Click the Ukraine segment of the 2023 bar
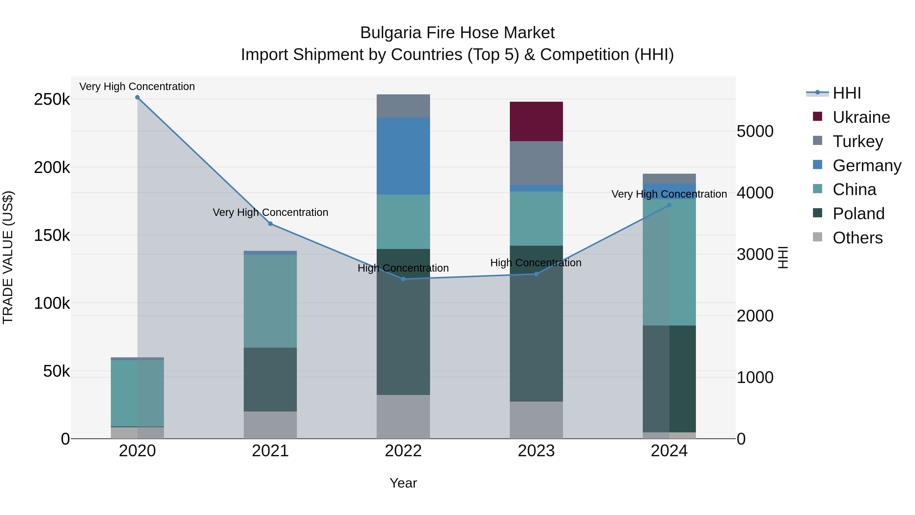click(536, 121)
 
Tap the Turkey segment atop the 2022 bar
click(403, 106)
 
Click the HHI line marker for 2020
click(138, 97)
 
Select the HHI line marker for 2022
click(403, 279)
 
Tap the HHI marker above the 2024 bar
click(669, 205)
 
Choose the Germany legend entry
click(866, 166)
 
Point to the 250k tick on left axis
click(52, 99)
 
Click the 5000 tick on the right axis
click(755, 131)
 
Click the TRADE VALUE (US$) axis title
click(8, 257)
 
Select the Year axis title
click(403, 483)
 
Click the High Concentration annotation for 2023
click(536, 263)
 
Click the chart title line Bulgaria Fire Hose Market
click(457, 33)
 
